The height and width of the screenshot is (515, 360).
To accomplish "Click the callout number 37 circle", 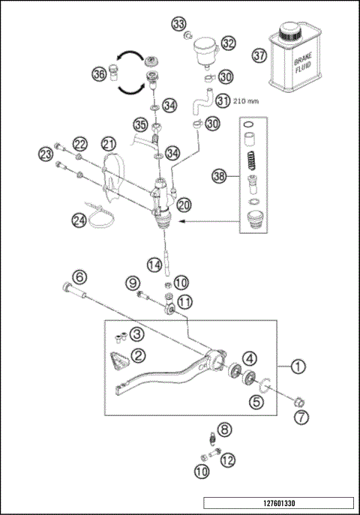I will [x=259, y=55].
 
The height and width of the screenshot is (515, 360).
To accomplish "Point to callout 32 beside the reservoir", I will [x=228, y=43].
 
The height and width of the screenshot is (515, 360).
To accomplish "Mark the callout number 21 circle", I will [x=109, y=143].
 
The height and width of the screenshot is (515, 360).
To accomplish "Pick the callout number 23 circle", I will [x=47, y=154].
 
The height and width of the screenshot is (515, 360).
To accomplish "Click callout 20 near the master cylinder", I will [x=184, y=203].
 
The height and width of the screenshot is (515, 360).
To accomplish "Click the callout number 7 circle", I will [x=300, y=417].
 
